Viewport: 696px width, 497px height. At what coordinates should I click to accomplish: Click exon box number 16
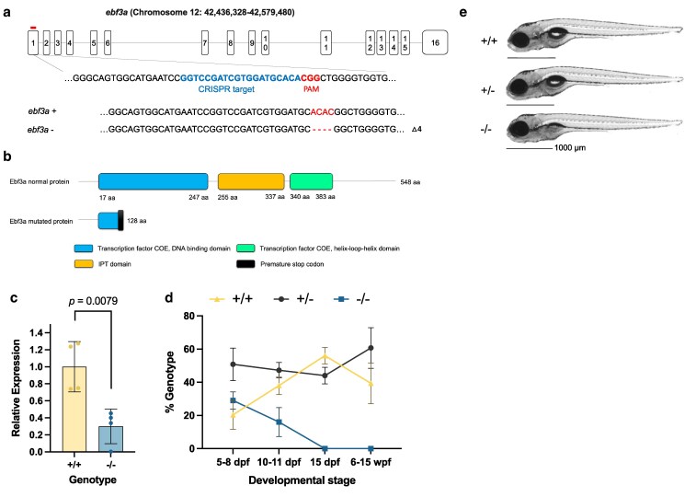point(435,43)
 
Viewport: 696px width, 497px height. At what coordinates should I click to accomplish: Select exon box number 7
point(204,43)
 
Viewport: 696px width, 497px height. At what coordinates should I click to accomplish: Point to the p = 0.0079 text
point(104,301)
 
